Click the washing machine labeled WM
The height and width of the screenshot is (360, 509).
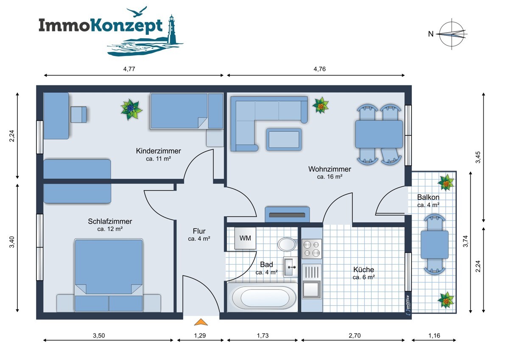245,238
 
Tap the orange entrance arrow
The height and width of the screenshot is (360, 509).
201,322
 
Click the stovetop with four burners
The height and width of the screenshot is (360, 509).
311,249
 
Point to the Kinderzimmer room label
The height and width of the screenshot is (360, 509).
158,151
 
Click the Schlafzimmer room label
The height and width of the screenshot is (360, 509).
110,221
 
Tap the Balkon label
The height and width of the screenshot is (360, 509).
428,197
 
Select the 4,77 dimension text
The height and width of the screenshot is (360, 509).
129,69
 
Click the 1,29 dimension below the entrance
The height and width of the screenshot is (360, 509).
200,335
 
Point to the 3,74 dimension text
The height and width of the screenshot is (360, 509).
466,241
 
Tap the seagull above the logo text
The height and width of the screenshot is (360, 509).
137,11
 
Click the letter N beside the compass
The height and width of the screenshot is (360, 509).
431,34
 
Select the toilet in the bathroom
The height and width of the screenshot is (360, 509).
288,244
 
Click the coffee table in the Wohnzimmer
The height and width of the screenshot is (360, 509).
284,139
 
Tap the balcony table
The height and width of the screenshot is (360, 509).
434,245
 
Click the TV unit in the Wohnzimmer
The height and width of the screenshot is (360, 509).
287,214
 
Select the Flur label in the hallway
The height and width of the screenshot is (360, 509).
199,231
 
